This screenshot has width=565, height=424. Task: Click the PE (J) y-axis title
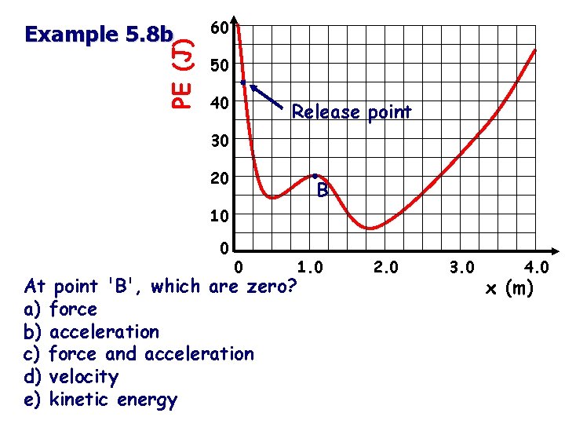(184, 70)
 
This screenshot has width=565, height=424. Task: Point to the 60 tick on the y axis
(220, 29)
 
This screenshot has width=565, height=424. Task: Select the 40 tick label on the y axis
(220, 104)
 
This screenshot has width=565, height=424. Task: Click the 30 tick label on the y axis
(220, 141)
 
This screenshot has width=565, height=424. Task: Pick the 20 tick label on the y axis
(220, 178)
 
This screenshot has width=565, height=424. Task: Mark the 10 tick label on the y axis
(220, 215)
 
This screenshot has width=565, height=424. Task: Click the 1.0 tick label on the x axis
(308, 268)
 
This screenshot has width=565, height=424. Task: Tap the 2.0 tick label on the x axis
(386, 268)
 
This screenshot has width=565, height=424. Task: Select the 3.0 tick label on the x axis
(461, 268)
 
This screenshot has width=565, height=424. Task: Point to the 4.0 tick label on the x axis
(535, 268)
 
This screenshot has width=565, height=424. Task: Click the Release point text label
(351, 112)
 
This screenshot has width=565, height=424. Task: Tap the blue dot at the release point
(243, 82)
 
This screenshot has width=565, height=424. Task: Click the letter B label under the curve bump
(323, 191)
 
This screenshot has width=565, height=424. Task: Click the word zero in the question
(272, 287)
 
